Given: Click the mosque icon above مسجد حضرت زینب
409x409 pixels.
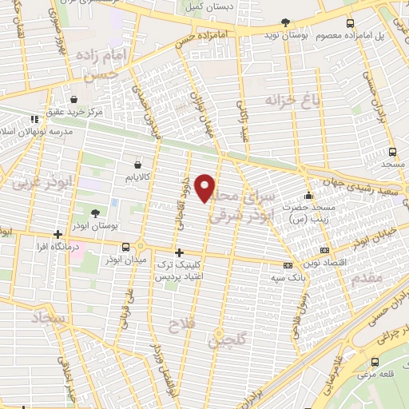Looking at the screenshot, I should [308, 197].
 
